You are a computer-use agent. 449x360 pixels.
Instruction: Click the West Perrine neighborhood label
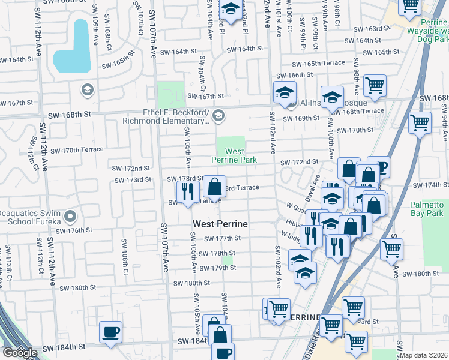coord(220,224)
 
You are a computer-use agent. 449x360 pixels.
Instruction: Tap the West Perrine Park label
coord(234,156)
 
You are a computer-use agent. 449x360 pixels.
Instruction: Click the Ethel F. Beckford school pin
coord(218,115)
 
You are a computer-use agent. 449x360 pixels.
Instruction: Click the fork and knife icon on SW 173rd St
coord(188,191)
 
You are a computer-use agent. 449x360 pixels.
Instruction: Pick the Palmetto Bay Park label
coord(426,209)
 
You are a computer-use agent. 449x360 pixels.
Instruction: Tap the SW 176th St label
coord(74,230)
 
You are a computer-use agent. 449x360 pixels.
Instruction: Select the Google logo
coord(20,353)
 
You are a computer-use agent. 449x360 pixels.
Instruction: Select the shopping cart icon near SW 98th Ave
coord(375,86)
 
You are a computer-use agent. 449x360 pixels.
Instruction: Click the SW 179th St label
coord(218,268)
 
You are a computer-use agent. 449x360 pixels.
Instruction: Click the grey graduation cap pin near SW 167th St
coord(88,90)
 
